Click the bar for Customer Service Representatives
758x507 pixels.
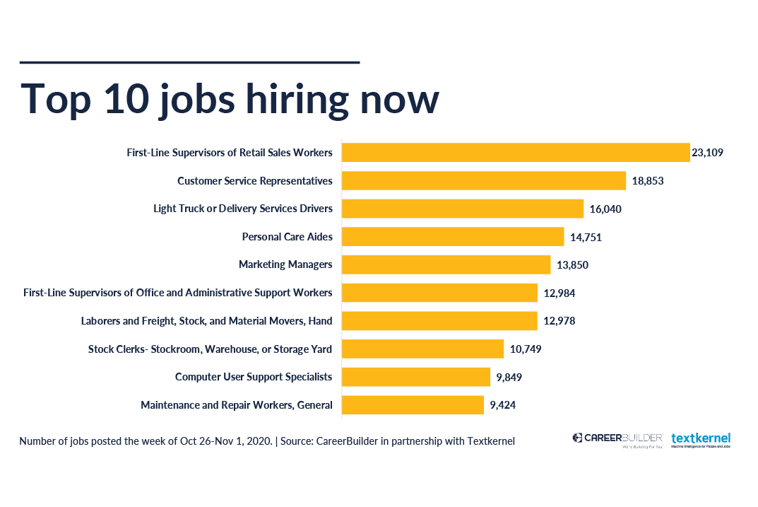click(484, 180)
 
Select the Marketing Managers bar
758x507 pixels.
click(446, 264)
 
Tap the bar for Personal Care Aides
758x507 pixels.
click(453, 237)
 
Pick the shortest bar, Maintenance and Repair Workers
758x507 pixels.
click(413, 405)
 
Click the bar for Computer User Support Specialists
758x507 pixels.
click(416, 377)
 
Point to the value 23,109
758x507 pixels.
click(707, 153)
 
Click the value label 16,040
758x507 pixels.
click(605, 209)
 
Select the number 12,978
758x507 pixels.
click(559, 321)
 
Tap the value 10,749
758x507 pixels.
click(526, 349)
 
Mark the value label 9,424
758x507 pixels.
click(503, 405)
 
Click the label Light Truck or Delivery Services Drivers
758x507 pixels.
click(243, 209)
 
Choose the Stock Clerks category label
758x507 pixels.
click(210, 349)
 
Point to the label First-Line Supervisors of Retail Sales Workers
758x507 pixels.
click(230, 153)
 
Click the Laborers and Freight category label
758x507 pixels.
click(206, 321)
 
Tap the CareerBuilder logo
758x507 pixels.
click(617, 440)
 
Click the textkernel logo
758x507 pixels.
click(701, 440)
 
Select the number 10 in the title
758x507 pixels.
click(126, 99)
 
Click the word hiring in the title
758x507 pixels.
click(297, 100)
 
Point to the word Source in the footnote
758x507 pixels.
click(297, 441)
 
